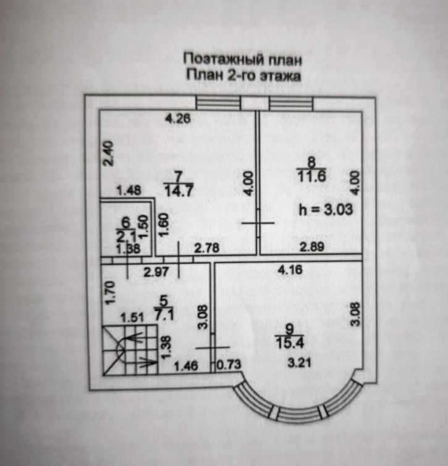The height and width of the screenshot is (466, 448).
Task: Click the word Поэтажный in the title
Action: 224,60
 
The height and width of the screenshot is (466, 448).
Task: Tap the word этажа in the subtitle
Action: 281,76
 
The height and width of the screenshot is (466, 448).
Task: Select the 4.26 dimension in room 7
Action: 178,119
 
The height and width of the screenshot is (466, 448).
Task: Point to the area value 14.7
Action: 179,190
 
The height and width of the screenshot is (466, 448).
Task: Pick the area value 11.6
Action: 311,176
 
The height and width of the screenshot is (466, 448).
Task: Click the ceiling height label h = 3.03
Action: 326,209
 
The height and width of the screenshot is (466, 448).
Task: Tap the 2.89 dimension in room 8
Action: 312,248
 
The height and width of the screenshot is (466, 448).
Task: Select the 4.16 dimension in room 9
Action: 290,270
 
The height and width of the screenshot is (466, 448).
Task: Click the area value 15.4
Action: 290,343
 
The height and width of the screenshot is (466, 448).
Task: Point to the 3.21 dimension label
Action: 299,363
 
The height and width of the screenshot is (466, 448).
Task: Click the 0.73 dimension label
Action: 229,365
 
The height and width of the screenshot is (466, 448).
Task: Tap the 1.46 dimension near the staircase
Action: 186,366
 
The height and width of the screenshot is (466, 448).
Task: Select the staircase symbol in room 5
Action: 130,350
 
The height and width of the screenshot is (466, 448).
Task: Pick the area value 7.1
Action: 164,314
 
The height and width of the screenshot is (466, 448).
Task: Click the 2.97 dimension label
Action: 156,272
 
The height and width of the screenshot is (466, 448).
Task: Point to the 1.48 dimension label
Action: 129,191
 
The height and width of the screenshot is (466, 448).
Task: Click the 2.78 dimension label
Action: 207,248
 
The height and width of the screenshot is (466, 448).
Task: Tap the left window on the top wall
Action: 218,103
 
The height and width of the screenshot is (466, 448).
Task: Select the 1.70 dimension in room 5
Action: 109,293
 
